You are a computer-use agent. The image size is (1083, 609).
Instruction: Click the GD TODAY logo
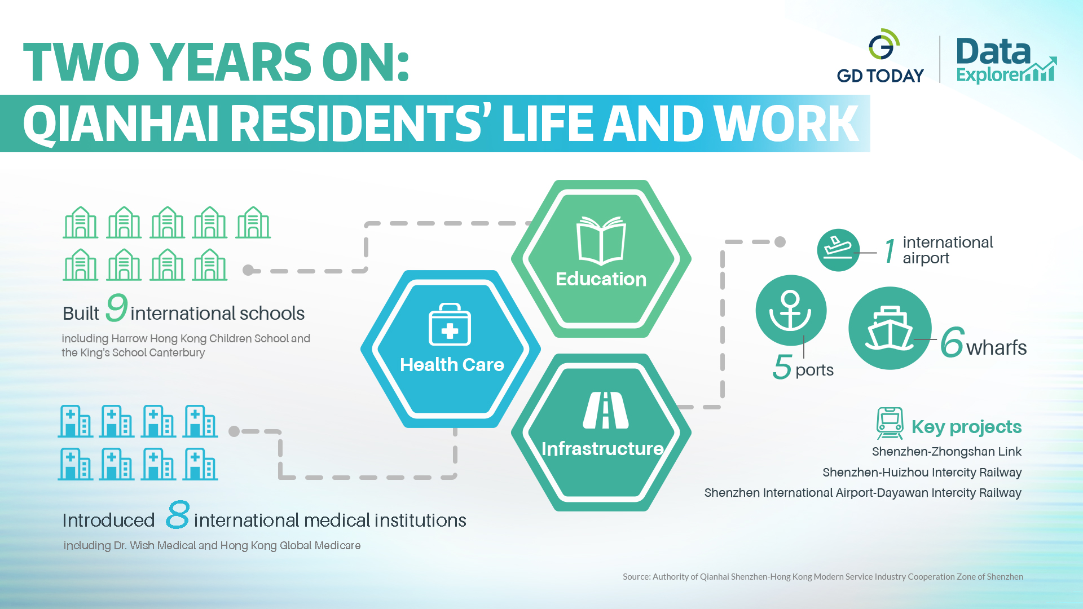click(881, 56)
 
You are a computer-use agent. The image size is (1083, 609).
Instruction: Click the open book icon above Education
click(601, 240)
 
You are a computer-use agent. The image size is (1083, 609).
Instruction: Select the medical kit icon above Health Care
click(450, 324)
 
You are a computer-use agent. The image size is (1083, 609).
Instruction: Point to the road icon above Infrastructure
click(606, 410)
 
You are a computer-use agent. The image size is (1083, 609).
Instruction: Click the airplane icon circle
click(838, 250)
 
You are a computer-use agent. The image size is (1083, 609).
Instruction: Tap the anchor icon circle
click(791, 310)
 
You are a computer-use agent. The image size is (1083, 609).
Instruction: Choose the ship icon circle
click(890, 328)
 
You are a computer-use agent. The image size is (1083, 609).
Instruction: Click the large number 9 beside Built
click(117, 307)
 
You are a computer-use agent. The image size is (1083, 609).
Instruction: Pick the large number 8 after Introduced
click(178, 514)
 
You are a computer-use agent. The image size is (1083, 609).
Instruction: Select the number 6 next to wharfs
click(952, 342)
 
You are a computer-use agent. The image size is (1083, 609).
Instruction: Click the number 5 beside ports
click(782, 367)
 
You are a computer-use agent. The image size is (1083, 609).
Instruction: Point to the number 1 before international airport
click(890, 251)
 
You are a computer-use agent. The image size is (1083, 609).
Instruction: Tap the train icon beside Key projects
click(890, 423)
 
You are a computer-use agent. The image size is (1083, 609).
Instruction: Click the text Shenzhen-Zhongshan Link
click(946, 452)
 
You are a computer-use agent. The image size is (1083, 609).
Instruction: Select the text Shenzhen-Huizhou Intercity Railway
click(922, 473)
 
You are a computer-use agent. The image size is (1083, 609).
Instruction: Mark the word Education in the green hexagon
click(601, 279)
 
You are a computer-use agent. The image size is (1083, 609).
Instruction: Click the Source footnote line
click(823, 576)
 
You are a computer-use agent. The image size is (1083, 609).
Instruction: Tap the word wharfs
click(996, 348)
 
